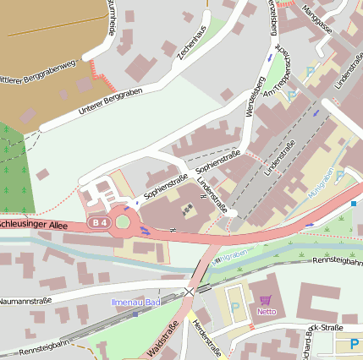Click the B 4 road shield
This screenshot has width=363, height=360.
[x=101, y=222]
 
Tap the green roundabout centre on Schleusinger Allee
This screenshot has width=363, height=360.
[x=123, y=222]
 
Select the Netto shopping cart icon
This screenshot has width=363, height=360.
[x=266, y=300]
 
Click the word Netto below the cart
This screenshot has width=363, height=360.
[x=266, y=311]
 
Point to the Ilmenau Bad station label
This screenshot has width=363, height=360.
[x=135, y=302]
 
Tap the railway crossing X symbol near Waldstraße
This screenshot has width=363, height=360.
[x=190, y=291]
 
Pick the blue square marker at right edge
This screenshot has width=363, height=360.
[x=354, y=203]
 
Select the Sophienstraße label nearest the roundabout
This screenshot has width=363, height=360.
[x=165, y=186]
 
